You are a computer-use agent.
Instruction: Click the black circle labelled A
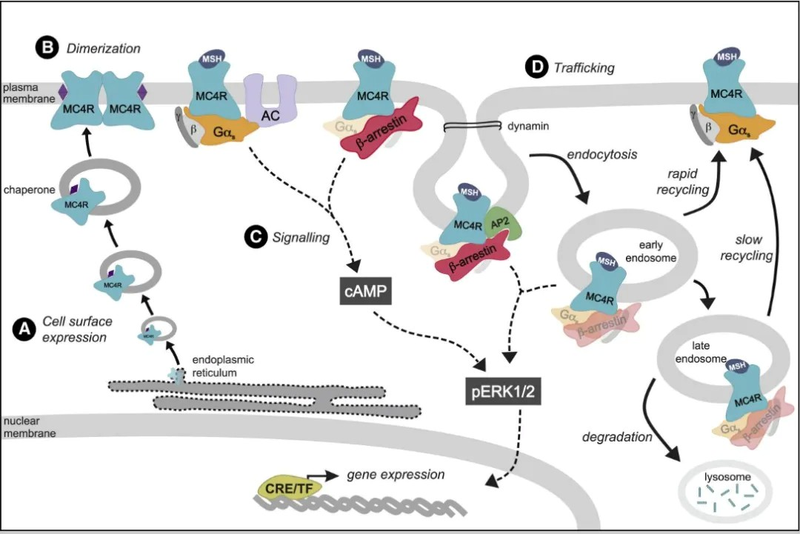coord(24,328)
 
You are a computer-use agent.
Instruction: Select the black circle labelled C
coord(253,237)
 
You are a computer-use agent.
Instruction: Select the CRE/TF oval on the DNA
coord(283,485)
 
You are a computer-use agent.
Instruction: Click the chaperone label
coord(29,190)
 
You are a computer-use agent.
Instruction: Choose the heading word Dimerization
coord(103,49)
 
